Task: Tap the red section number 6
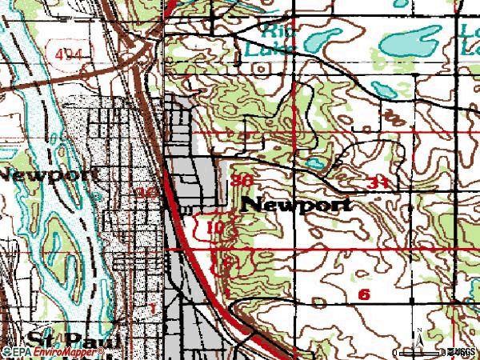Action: coord(364,294)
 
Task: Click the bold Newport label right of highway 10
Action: coord(296,205)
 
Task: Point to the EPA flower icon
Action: coord(6,352)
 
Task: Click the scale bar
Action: coord(435,352)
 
